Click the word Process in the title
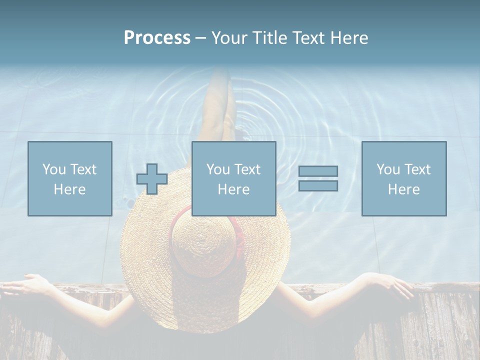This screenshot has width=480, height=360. [157, 38]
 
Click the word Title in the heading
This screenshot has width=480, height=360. [271, 38]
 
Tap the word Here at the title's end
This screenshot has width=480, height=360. [348, 38]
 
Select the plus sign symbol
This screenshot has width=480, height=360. [152, 179]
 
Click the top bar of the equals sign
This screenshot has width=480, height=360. [318, 171]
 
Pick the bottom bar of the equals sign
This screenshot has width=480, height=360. [318, 185]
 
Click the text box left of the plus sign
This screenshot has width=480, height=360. [70, 178]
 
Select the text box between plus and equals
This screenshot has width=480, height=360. [234, 178]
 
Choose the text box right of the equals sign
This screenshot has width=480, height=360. [404, 178]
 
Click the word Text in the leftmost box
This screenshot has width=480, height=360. [83, 169]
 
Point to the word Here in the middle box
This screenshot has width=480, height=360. [234, 189]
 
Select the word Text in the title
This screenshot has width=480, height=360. [308, 38]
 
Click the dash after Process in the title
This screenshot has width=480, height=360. [200, 38]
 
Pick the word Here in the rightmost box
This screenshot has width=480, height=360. [404, 189]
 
